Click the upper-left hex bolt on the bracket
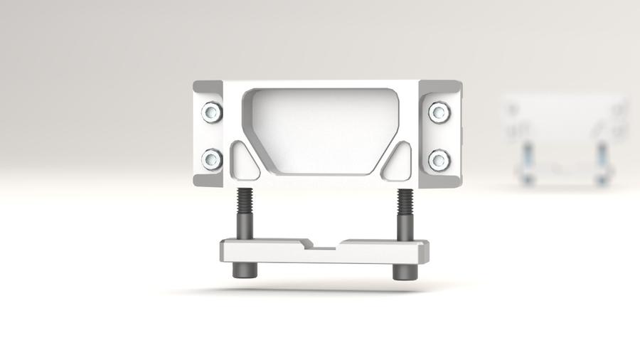click(x=211, y=112)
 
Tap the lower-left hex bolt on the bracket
click(x=211, y=158)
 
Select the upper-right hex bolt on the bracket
click(x=439, y=112)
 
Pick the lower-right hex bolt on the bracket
click(x=439, y=159)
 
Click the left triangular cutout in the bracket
click(x=242, y=162)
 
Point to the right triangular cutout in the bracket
click(x=400, y=162)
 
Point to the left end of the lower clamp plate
click(x=226, y=251)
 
